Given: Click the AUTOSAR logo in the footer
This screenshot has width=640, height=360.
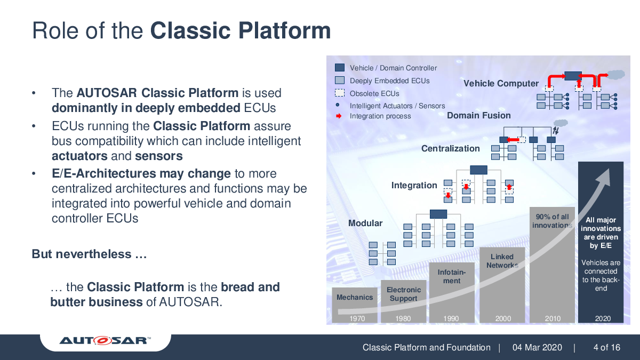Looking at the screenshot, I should [x=105, y=340].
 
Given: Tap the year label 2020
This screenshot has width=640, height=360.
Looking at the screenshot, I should [x=602, y=318].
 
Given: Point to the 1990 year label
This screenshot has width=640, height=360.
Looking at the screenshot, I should [x=451, y=318].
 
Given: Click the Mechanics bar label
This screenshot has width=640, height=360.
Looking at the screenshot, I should [x=355, y=297].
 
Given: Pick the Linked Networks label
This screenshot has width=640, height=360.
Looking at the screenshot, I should [x=502, y=261].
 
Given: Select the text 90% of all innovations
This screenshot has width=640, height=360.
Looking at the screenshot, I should [x=552, y=221].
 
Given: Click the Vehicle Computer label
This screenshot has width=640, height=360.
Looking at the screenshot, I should [x=501, y=83].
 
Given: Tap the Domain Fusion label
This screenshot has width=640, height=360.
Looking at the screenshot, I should [x=478, y=115].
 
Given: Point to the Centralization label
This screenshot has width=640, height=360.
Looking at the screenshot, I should [x=450, y=148].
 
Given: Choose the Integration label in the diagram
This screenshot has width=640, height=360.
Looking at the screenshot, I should [x=414, y=185].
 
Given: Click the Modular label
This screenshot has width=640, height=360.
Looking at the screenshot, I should [x=365, y=223].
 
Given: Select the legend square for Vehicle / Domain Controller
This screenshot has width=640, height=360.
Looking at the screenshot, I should [x=340, y=68].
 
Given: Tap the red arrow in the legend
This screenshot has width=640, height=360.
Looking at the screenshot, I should [x=338, y=116].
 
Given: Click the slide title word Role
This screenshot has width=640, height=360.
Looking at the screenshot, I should [x=53, y=30].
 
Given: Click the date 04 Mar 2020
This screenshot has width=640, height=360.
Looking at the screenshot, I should [x=537, y=348].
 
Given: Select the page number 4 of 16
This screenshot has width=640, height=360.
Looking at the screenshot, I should [x=606, y=348].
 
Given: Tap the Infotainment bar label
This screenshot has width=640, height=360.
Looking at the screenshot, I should [x=451, y=276].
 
